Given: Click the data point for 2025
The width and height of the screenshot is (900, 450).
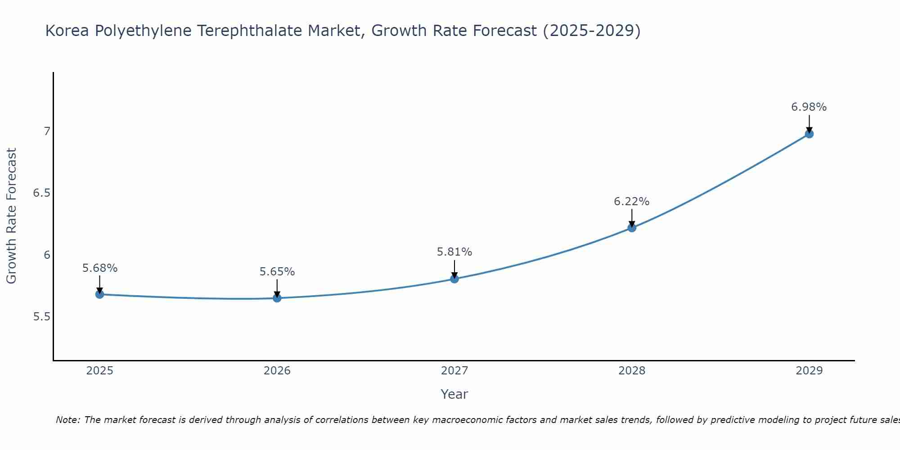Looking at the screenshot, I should click(x=100, y=294).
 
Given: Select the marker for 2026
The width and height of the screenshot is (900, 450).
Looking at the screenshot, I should click(x=277, y=298).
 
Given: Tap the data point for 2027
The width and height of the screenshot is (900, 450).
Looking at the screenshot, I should click(x=454, y=279).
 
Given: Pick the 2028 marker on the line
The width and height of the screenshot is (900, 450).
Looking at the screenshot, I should click(x=632, y=228).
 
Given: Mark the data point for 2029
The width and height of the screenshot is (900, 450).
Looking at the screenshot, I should click(x=809, y=134).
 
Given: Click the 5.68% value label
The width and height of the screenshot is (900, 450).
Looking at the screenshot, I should click(x=100, y=268).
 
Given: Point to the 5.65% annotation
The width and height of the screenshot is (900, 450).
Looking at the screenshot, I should click(x=277, y=272).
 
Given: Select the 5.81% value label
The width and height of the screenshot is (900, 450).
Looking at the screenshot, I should click(x=454, y=252).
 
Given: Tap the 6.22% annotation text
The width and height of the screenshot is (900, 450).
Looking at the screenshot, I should click(x=632, y=202).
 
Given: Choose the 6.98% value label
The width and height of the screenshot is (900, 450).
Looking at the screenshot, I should click(x=809, y=107).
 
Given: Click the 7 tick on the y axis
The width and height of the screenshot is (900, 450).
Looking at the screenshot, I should click(x=46, y=131).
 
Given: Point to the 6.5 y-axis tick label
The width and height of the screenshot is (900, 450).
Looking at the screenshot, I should click(x=41, y=193).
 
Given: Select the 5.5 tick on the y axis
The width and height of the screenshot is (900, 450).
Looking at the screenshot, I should click(x=41, y=317).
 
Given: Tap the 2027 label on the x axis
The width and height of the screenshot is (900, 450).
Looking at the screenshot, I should click(x=454, y=371).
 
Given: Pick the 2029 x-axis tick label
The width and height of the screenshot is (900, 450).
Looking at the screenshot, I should click(x=809, y=371).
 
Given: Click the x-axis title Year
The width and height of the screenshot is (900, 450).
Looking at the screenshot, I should click(x=454, y=394).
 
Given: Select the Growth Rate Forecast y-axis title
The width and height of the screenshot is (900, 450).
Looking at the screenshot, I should click(x=11, y=216).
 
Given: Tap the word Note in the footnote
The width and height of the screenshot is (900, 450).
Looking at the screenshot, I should click(x=67, y=420).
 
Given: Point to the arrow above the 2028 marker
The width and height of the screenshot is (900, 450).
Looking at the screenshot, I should click(x=632, y=217).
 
